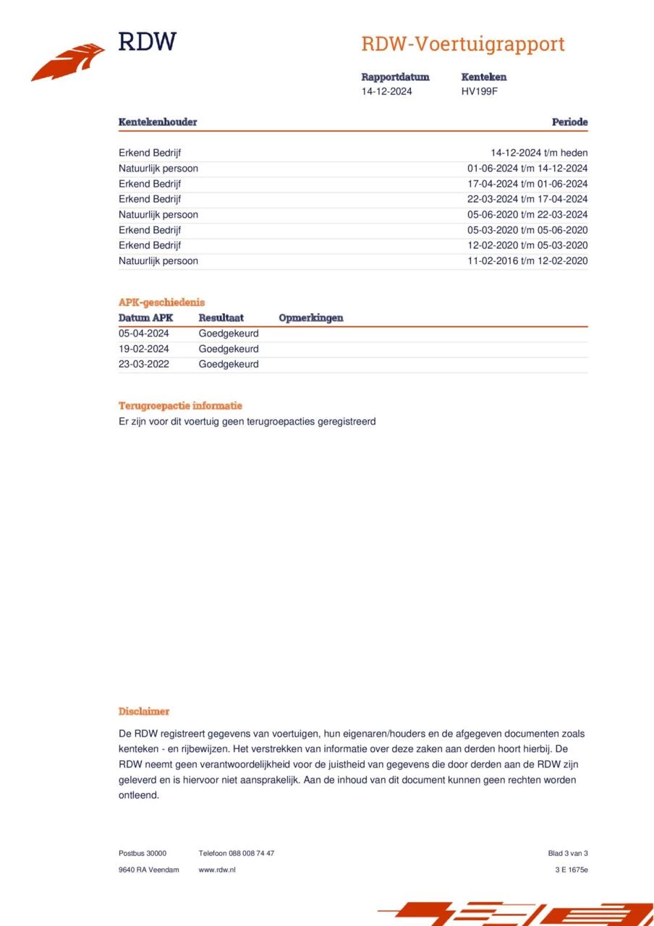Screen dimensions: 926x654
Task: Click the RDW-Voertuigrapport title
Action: click(462, 44)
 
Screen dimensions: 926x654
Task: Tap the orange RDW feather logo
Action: click(68, 63)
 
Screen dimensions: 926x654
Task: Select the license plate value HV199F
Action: click(480, 91)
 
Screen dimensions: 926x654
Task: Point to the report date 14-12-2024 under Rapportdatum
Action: click(387, 91)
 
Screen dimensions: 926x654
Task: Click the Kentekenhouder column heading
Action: click(158, 122)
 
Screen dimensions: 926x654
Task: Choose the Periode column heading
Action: click(569, 122)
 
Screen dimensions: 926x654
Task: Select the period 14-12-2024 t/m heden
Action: click(539, 153)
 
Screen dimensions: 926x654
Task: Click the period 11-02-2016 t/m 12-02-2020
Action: click(527, 261)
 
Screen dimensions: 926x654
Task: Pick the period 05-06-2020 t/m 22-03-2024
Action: click(527, 215)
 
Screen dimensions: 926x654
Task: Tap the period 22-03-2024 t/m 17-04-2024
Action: click(527, 199)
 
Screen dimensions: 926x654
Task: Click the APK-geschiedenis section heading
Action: click(161, 302)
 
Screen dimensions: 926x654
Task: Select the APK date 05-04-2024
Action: click(144, 334)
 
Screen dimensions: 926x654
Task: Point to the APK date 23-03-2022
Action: click(144, 364)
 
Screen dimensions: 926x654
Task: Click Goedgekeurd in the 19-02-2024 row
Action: click(229, 349)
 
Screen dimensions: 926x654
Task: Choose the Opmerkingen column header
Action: click(311, 318)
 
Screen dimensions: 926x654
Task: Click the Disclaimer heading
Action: click(144, 711)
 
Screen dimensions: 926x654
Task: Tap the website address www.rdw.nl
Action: click(217, 870)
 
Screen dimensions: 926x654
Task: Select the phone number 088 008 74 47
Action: click(251, 853)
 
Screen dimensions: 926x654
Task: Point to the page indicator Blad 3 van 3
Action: click(568, 853)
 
